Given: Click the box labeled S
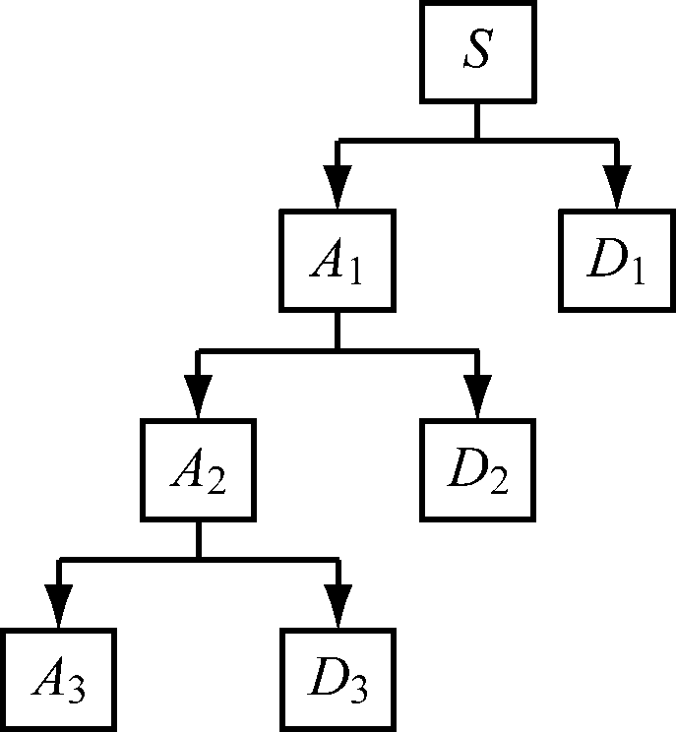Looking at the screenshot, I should [477, 53].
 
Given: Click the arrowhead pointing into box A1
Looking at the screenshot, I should [337, 187].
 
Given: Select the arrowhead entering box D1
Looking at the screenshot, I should [618, 187].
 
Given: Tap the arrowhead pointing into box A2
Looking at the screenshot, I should [198, 396].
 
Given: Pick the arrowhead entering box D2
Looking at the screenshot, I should [477, 396].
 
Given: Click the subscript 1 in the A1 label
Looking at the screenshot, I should [354, 273].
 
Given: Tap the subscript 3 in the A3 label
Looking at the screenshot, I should [76, 691].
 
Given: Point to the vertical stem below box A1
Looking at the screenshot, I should [337, 332].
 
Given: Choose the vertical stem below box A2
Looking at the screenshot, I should [198, 541].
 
